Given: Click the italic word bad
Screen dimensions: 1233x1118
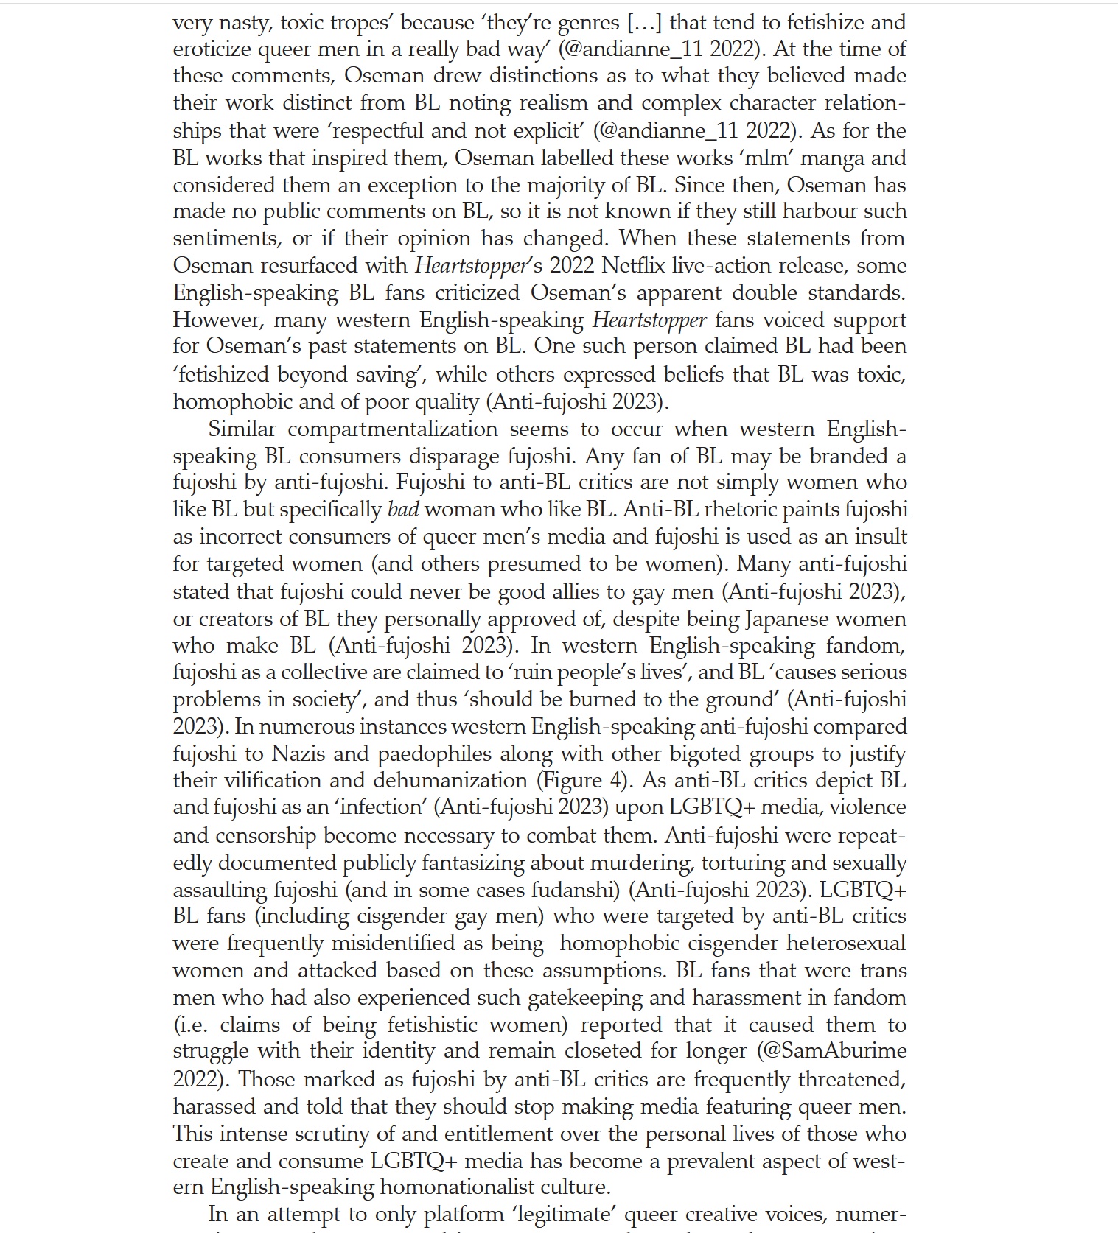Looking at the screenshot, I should (403, 510).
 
